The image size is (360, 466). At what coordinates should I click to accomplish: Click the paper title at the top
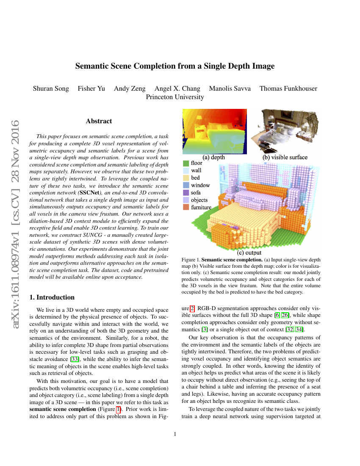point(175,66)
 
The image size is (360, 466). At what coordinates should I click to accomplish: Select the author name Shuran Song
point(50,89)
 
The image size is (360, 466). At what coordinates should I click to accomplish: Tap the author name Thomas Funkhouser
point(288,89)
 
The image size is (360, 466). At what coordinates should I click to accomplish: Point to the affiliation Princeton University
point(175,97)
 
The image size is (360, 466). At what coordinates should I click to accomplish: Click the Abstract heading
point(99,121)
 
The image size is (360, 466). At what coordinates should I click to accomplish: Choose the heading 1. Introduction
point(52,297)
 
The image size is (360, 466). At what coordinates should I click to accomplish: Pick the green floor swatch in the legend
point(186,163)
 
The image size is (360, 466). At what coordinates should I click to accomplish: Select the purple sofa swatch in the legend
point(186,193)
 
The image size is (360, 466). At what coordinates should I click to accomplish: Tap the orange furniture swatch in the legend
point(186,207)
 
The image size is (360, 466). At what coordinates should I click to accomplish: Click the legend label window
point(200,185)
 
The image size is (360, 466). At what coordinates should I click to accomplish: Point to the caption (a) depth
point(214,157)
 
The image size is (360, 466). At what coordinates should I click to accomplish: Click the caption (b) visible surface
point(285,157)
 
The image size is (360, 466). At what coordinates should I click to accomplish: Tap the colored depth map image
point(215,131)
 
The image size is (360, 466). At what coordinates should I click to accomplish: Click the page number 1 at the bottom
point(175,434)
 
